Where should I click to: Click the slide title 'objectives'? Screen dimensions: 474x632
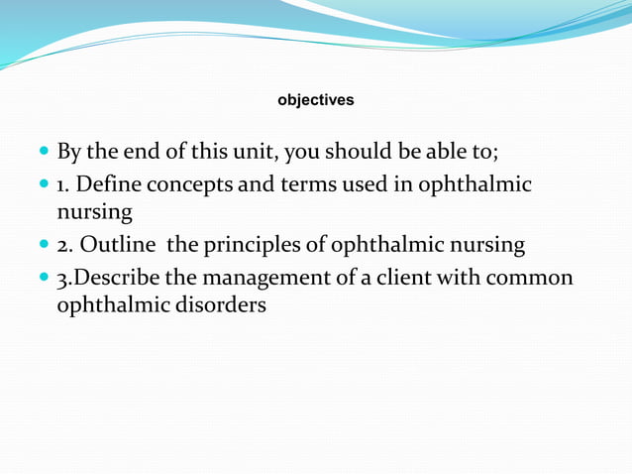[x=315, y=100]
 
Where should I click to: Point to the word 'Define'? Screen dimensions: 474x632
[x=109, y=184]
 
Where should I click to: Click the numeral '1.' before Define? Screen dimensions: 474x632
[x=63, y=184]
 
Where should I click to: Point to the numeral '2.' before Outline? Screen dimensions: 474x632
[x=65, y=244]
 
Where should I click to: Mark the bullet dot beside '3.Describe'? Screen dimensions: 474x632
[x=43, y=278]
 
